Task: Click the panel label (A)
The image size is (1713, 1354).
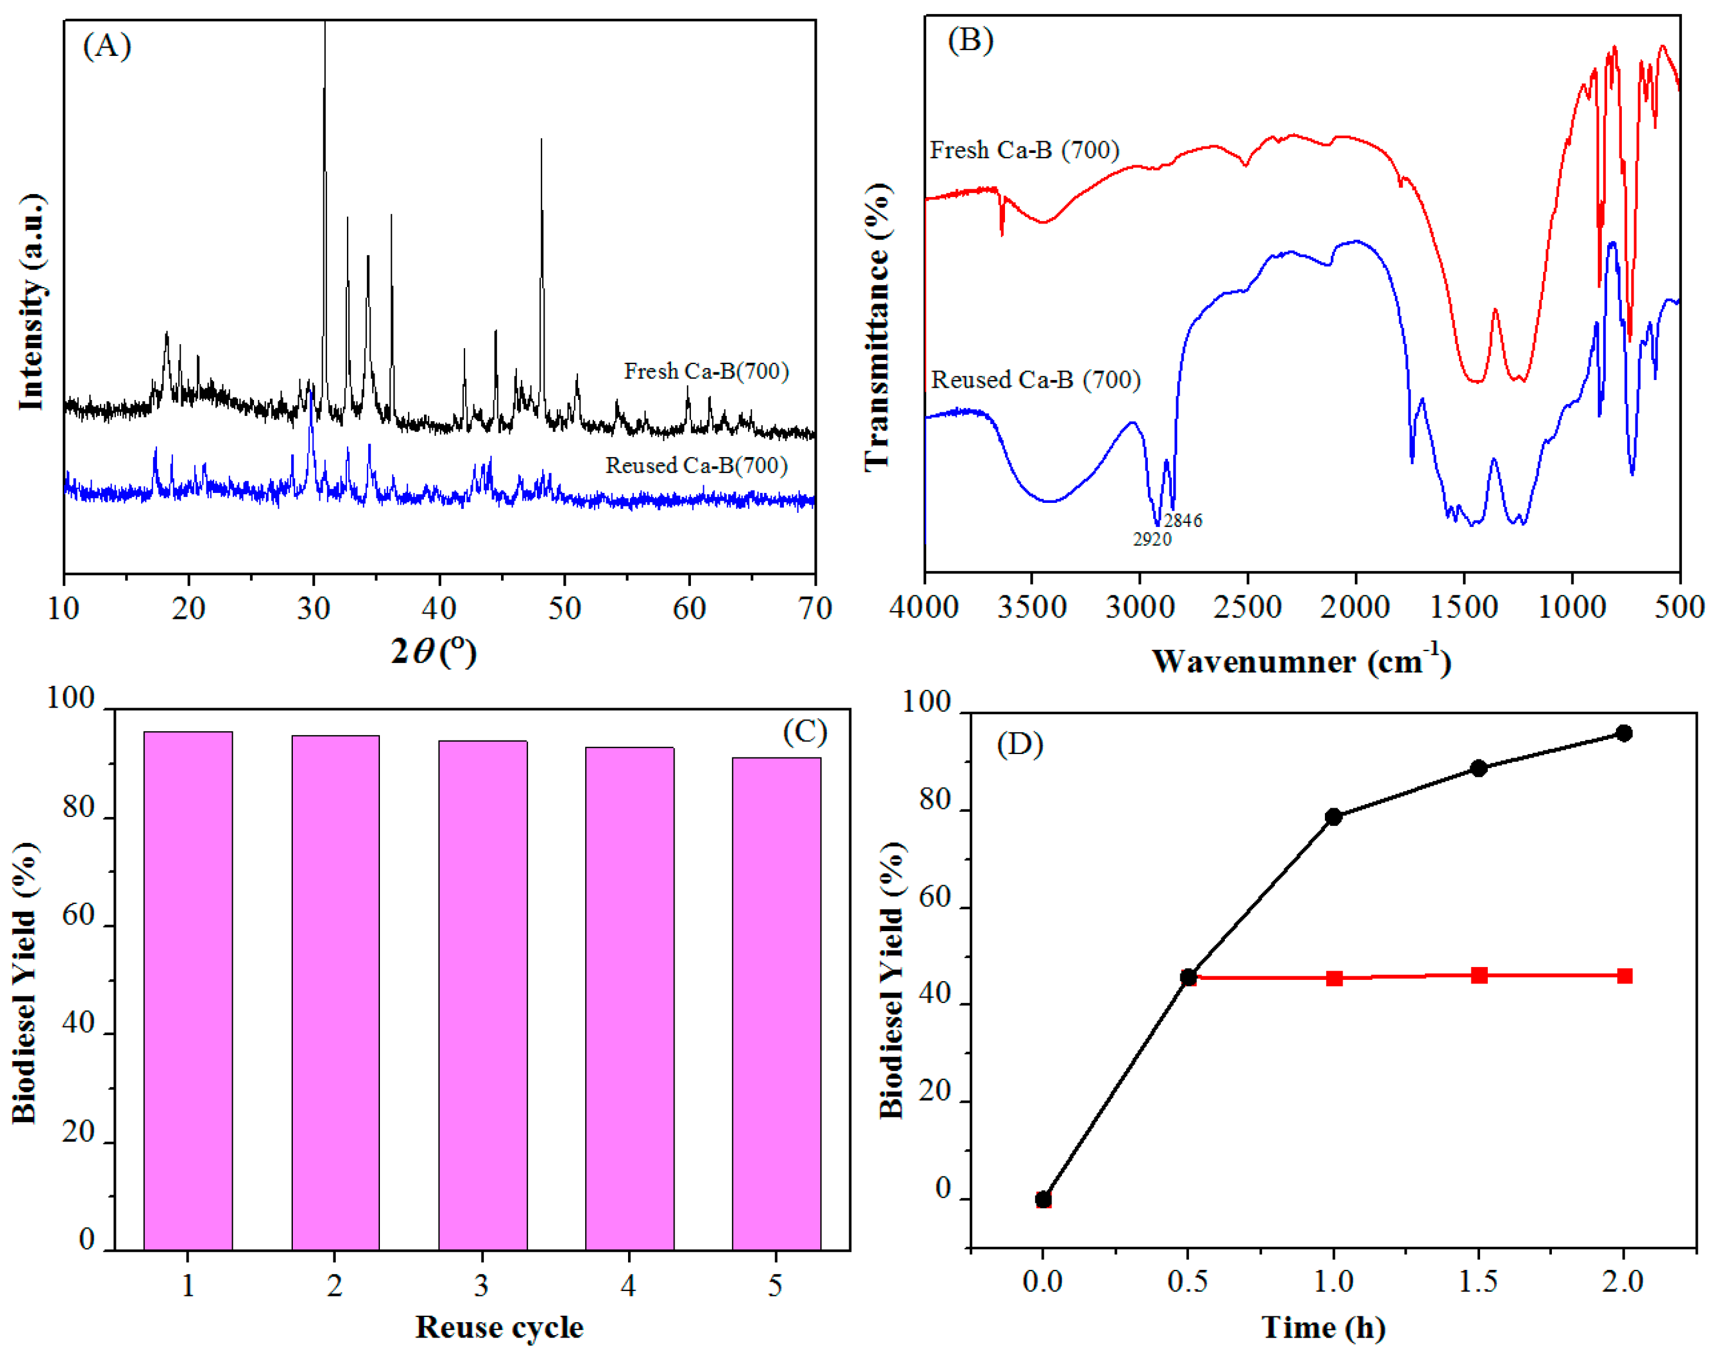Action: pos(106,46)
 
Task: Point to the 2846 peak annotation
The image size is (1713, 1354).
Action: pos(1183,521)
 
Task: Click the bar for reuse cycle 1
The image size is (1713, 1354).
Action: pos(188,991)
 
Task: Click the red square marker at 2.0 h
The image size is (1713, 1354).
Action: pos(1624,976)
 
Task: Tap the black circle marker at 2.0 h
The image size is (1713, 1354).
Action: pos(1624,733)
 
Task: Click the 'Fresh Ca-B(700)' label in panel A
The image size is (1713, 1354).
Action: pos(706,371)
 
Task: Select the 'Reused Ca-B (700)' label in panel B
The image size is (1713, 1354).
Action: pos(1035,380)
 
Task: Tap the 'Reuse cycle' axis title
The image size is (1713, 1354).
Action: pos(499,1327)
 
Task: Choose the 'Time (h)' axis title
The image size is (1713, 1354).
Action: pos(1323,1327)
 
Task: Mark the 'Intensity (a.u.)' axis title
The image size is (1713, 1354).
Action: pos(32,301)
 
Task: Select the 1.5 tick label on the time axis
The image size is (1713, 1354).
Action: pos(1478,1281)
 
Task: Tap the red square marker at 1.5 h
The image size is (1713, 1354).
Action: pos(1479,975)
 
